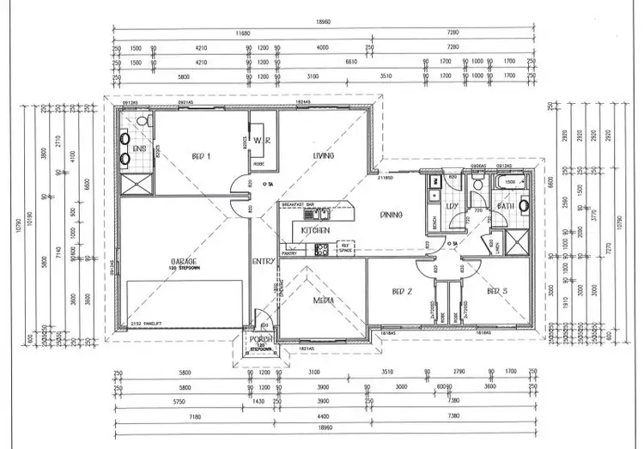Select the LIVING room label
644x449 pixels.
tap(324, 155)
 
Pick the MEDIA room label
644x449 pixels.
tap(324, 300)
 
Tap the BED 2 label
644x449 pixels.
tap(403, 292)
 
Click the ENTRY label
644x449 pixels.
tap(262, 262)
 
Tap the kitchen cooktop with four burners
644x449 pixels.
tap(322, 250)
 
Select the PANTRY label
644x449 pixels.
tap(289, 253)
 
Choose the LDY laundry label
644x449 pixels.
tap(451, 206)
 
